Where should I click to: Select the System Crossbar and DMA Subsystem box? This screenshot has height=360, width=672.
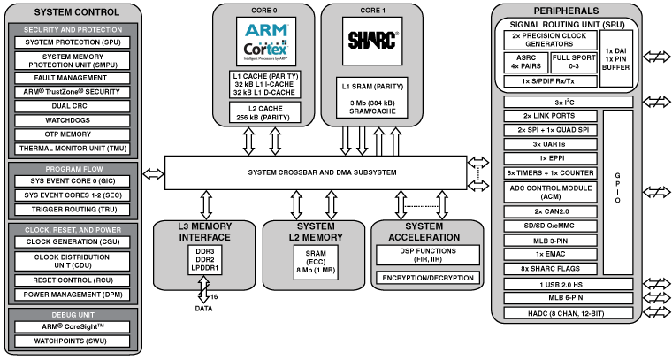click(314, 172)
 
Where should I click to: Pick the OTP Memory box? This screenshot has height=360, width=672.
click(73, 134)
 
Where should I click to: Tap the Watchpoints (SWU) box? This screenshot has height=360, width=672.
click(73, 340)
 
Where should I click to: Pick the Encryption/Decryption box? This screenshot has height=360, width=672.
click(426, 278)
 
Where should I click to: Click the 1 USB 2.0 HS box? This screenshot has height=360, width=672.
click(570, 284)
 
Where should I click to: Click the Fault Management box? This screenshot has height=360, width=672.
click(73, 79)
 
